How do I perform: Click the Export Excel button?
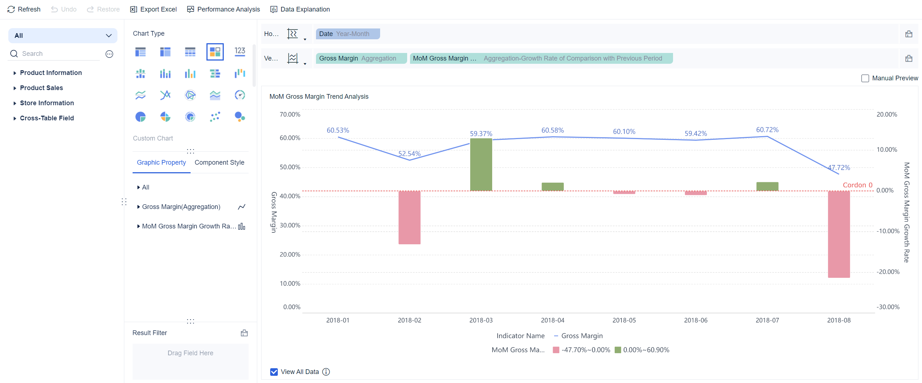point(153,9)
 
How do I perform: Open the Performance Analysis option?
point(223,9)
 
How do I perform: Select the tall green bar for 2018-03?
point(481,164)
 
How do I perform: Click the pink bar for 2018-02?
point(409,217)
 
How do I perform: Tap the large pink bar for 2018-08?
point(838,234)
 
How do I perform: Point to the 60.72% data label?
point(767,130)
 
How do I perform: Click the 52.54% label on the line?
point(409,153)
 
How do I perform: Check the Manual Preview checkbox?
point(865,78)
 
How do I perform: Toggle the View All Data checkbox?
point(274,372)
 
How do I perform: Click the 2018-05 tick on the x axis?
point(624,320)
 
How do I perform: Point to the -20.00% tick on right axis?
point(888,272)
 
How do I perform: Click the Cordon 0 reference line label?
point(857,185)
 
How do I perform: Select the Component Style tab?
point(219,162)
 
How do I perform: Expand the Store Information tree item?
point(47,103)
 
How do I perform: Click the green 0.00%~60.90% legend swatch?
point(618,350)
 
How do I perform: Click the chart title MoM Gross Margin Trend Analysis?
point(319,97)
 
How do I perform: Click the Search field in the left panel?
point(58,54)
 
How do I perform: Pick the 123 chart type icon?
point(240,52)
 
